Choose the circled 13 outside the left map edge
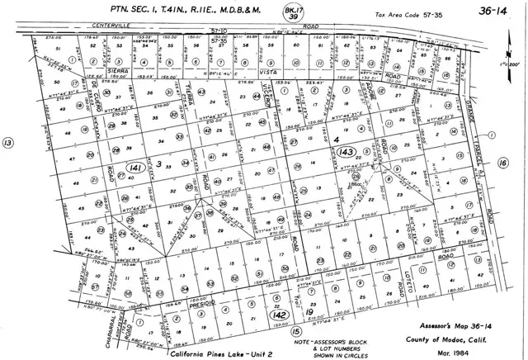(x=9, y=143)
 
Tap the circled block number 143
(x=346, y=152)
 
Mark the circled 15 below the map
(x=295, y=331)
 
